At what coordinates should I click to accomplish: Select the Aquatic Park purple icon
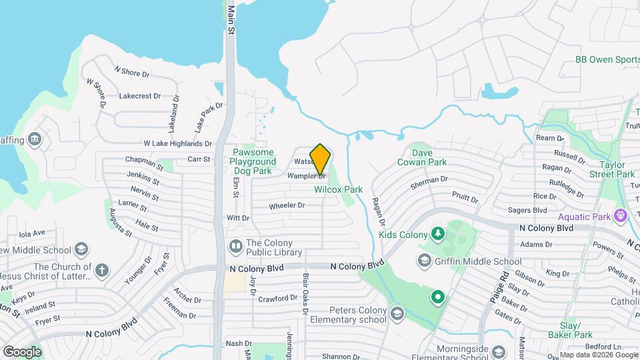pos(621,216)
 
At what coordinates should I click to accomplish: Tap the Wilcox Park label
pos(339,189)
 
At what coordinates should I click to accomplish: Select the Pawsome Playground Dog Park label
pos(254,161)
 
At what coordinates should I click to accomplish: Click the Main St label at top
pos(231,20)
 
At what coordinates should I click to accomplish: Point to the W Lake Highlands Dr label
pos(178,143)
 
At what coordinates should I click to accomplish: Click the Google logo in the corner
pos(22,351)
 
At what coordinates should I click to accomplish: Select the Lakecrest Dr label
pos(140,96)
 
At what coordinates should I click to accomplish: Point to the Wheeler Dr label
pos(287,205)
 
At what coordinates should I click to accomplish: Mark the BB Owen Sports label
pos(607,59)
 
